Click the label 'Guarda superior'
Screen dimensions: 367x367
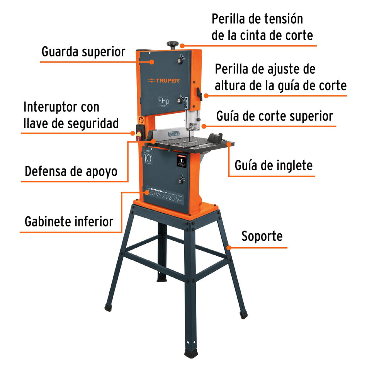tap(83, 51)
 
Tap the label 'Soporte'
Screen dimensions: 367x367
tap(262, 236)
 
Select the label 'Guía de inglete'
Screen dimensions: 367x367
tap(274, 165)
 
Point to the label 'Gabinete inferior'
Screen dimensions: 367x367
tap(69, 221)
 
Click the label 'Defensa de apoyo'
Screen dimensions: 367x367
tap(71, 171)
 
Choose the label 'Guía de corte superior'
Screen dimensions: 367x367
tap(275, 116)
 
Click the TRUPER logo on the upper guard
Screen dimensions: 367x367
tap(163, 81)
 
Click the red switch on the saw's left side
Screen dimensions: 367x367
tap(139, 134)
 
